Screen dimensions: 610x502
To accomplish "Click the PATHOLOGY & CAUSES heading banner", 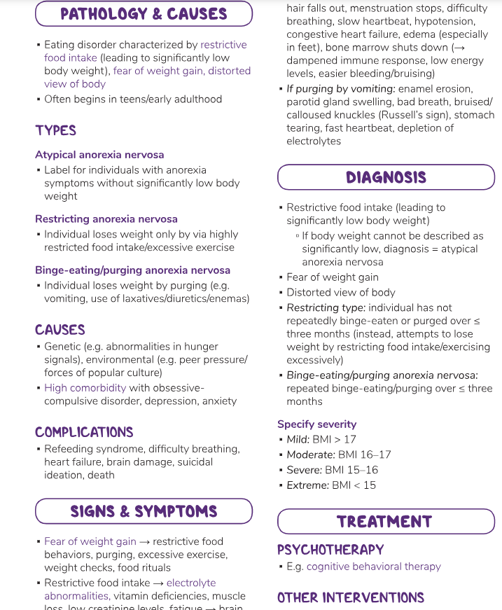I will click(x=144, y=14).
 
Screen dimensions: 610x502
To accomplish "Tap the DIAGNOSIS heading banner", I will click(x=386, y=177).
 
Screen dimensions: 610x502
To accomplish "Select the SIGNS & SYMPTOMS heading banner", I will click(x=144, y=511).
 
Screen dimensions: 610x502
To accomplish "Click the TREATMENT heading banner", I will click(x=384, y=522).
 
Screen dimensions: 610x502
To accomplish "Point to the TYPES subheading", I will click(x=55, y=130).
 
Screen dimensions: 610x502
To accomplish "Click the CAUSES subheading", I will click(x=60, y=330).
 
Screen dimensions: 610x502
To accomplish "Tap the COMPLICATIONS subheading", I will click(x=84, y=432).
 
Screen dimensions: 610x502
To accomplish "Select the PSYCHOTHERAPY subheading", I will click(x=330, y=549).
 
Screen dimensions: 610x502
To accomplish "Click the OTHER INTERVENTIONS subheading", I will click(x=351, y=597).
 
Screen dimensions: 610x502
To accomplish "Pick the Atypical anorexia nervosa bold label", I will click(x=99, y=154).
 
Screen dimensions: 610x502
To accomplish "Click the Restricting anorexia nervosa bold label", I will click(x=106, y=219).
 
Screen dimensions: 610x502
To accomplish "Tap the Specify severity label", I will click(x=316, y=424).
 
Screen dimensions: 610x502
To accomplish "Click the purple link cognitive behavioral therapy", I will click(x=374, y=566).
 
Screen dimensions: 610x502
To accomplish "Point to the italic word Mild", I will click(x=298, y=439).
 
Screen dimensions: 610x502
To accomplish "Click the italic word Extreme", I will click(x=307, y=485).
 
